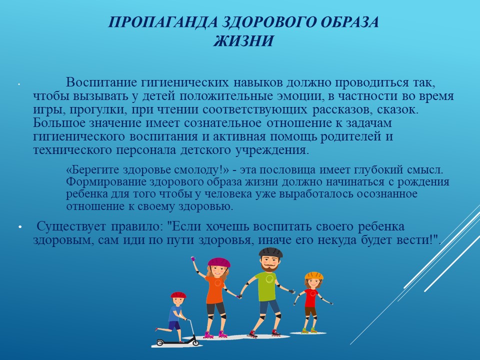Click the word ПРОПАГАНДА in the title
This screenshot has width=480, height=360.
(x=162, y=22)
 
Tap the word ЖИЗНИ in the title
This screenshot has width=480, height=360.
(x=243, y=40)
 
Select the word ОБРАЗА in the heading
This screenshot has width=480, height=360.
(x=349, y=22)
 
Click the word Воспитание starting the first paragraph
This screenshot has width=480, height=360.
(x=101, y=82)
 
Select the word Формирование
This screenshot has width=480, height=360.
(x=106, y=182)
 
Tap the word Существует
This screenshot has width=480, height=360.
(x=71, y=226)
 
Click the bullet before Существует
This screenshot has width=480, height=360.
(x=20, y=227)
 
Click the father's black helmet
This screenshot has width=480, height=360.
(x=270, y=252)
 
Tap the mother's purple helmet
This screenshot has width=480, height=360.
(x=219, y=262)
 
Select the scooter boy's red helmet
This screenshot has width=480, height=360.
(x=178, y=295)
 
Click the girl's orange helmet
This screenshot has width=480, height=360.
(x=314, y=275)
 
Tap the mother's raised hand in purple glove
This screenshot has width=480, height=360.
(x=193, y=259)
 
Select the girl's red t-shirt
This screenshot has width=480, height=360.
(x=311, y=297)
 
